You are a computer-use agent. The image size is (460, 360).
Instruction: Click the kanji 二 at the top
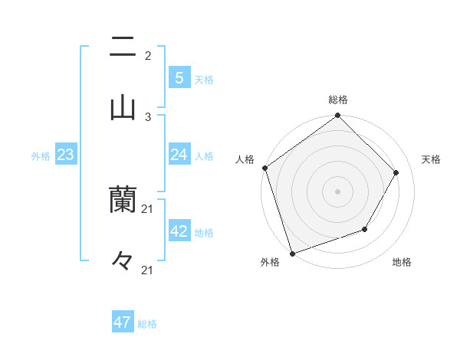pos(123,47)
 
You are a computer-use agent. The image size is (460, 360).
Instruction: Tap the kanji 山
pos(123,107)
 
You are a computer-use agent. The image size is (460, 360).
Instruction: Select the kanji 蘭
pos(123,201)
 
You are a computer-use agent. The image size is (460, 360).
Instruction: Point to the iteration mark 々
pos(123,261)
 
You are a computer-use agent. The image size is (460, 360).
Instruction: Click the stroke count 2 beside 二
pos(148,56)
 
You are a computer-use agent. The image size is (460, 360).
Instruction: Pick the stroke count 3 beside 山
pos(148,116)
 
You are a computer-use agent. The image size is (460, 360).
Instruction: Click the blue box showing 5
pos(179,77)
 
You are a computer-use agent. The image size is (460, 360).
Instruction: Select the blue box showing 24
pos(179,155)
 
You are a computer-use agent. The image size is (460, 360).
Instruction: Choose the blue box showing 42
pos(179,231)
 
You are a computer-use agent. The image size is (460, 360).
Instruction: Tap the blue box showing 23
pos(65,155)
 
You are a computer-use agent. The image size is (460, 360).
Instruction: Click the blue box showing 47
pos(123,322)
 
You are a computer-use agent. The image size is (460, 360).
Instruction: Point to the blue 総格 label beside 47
pos(147,324)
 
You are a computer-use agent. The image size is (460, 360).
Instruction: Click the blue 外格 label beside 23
pos(41,156)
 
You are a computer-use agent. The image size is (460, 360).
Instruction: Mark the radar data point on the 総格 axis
pos(337,116)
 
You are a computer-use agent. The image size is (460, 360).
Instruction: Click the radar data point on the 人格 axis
pos(265,168)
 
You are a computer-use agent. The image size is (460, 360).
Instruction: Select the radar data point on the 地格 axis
pos(365,229)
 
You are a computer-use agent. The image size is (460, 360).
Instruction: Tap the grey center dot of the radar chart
pos(337,191)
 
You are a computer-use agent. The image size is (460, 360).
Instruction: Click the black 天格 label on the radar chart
pos(431,159)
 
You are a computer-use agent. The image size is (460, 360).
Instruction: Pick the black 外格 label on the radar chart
pos(270,263)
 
